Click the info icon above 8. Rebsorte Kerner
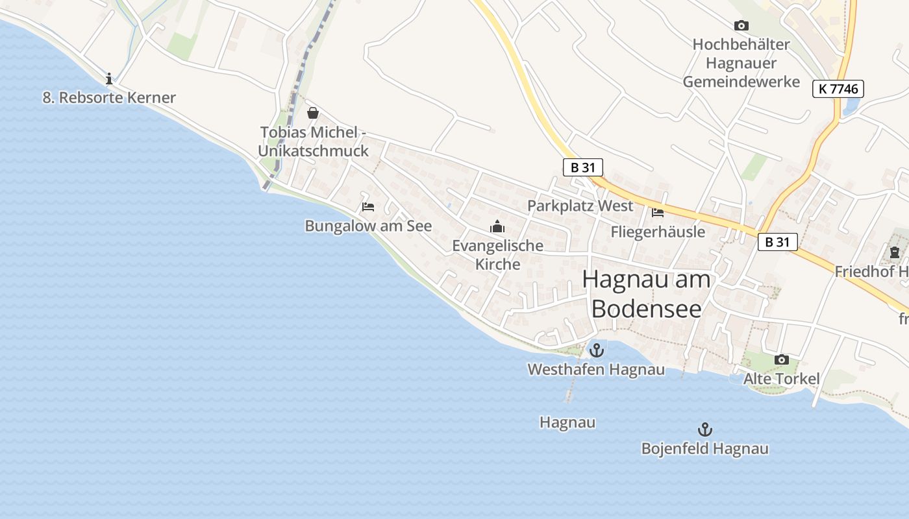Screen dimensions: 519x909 [x=109, y=78]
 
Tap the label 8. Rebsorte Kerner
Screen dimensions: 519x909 [x=109, y=98]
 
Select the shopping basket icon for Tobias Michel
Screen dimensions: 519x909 [x=313, y=113]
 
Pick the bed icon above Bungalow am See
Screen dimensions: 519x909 [x=368, y=207]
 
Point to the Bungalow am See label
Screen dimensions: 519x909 [x=368, y=226]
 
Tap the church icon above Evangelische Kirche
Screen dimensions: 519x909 [x=497, y=226]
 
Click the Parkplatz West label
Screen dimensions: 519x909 [x=580, y=206]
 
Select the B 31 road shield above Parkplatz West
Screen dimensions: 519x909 [x=582, y=167]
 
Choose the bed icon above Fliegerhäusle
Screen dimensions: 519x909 [x=658, y=212]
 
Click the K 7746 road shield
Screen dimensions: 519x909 [x=838, y=89]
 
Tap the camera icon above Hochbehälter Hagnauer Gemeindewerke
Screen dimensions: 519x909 [x=741, y=25]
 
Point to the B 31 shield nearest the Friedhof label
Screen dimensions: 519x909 [x=777, y=242]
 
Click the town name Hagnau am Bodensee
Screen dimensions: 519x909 [x=647, y=294]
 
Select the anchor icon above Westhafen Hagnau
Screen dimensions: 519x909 [x=596, y=351]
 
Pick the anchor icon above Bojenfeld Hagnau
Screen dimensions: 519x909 [x=704, y=429]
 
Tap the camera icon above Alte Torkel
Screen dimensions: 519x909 [x=782, y=359]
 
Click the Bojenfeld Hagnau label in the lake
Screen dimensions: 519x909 [x=704, y=449]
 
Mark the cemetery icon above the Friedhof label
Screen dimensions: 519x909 [x=895, y=252]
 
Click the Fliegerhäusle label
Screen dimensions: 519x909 [x=658, y=232]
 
